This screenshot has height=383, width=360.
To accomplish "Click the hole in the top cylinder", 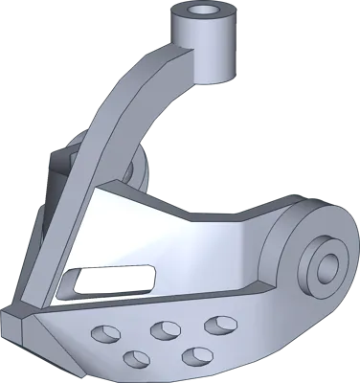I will [x=202, y=11].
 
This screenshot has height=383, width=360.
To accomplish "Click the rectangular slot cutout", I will [x=114, y=280].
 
